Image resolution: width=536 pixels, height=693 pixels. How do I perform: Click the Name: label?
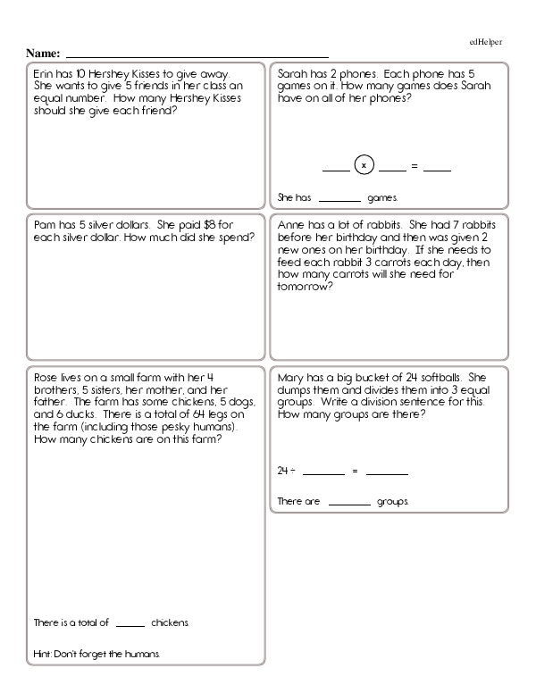[43, 54]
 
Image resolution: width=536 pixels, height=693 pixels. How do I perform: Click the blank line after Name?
[197, 56]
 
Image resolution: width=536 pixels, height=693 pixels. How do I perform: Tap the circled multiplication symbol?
[364, 165]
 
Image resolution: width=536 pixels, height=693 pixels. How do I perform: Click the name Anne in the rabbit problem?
[292, 225]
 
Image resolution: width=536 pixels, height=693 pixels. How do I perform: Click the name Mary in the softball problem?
[292, 376]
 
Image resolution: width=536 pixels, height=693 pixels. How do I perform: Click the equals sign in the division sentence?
[355, 471]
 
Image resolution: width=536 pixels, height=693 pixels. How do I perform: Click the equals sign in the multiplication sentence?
[415, 166]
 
